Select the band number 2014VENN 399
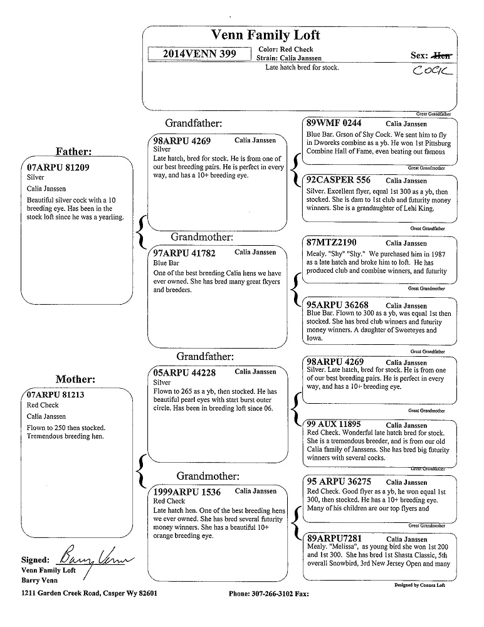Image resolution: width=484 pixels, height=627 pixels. coord(199,54)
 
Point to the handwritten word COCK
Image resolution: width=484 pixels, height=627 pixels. coord(433,72)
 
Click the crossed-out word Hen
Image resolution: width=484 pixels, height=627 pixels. coord(443,56)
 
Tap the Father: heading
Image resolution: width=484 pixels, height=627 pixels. coord(74,151)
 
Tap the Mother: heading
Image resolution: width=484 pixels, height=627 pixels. coord(75,379)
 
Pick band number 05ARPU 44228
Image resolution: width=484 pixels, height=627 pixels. coord(184,372)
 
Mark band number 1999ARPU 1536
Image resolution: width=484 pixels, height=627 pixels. coord(187,492)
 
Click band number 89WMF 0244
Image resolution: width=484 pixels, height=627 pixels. coord(334,124)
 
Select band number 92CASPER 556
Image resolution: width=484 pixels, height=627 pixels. coord(339,180)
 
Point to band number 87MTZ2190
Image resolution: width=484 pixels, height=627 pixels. coord(332,242)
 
